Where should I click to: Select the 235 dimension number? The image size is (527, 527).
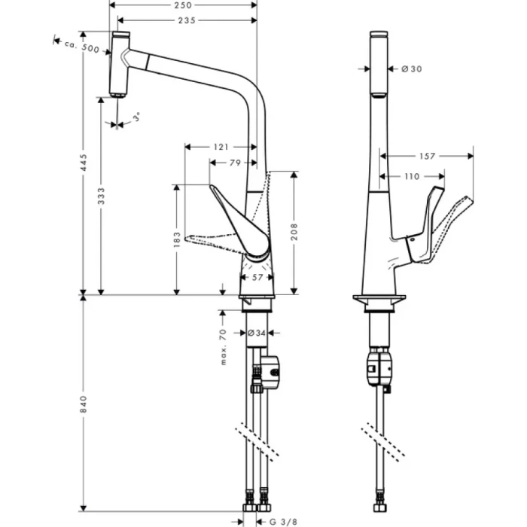click(187, 20)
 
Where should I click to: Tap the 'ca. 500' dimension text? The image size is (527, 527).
click(81, 47)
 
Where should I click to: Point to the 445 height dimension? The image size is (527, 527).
click(84, 161)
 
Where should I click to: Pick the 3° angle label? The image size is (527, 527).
click(136, 118)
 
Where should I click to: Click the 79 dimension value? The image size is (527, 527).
click(234, 161)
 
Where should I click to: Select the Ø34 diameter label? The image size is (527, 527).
click(257, 332)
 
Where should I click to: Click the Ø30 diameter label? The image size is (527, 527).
click(411, 69)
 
